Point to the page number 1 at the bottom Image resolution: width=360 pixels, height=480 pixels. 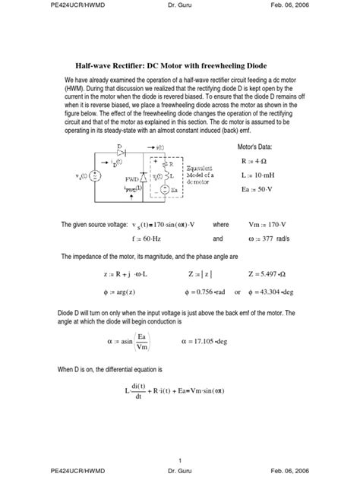(179, 460)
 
